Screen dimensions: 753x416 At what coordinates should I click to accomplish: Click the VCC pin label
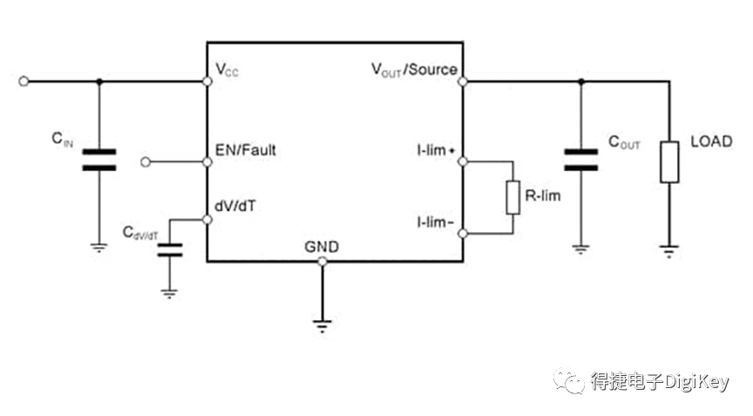point(227,70)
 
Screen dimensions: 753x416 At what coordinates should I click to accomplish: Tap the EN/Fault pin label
point(246,150)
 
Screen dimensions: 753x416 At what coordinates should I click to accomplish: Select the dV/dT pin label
point(234,206)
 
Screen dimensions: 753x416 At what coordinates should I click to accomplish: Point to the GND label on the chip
point(322,247)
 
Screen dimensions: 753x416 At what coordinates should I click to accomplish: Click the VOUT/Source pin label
point(415,70)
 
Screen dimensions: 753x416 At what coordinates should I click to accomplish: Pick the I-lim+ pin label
point(436,150)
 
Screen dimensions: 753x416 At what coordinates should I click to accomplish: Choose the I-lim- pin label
point(435,222)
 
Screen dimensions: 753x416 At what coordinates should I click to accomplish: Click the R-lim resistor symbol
point(512,197)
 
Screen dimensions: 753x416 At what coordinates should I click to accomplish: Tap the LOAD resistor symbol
point(669,162)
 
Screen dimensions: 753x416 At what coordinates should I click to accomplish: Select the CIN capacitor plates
point(99,160)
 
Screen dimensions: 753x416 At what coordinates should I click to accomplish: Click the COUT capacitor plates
point(581,160)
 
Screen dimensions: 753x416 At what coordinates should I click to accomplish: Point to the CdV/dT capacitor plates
point(170,249)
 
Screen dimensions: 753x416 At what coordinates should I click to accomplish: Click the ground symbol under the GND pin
point(322,325)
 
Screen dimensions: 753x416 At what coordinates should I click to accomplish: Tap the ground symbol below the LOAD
point(669,251)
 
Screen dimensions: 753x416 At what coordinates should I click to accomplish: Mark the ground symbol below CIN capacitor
point(99,248)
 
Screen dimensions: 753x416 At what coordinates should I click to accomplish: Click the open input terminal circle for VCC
point(24,82)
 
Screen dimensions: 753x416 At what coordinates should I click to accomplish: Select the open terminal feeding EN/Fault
point(146,162)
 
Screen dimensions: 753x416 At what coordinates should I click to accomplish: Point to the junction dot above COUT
point(581,82)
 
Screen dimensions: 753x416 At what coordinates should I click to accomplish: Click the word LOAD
point(711,141)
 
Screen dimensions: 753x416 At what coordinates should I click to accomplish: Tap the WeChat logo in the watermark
point(569,381)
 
